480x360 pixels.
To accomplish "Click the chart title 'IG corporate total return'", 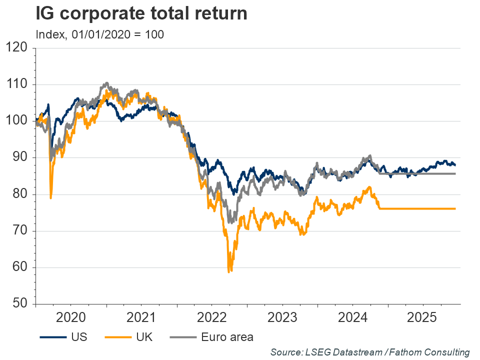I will (x=141, y=14).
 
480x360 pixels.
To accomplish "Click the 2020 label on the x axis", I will (x=70, y=316).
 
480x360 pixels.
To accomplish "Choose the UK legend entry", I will (x=129, y=336).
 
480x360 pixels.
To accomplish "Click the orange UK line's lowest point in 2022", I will (x=229, y=271).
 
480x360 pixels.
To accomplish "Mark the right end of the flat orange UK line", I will (x=455, y=208).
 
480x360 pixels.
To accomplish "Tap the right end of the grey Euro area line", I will (x=455, y=173).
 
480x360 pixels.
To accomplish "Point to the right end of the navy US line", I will (x=455, y=164).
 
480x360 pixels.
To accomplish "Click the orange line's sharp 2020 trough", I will (x=51, y=198).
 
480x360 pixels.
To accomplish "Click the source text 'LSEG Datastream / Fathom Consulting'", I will (x=370, y=352).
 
